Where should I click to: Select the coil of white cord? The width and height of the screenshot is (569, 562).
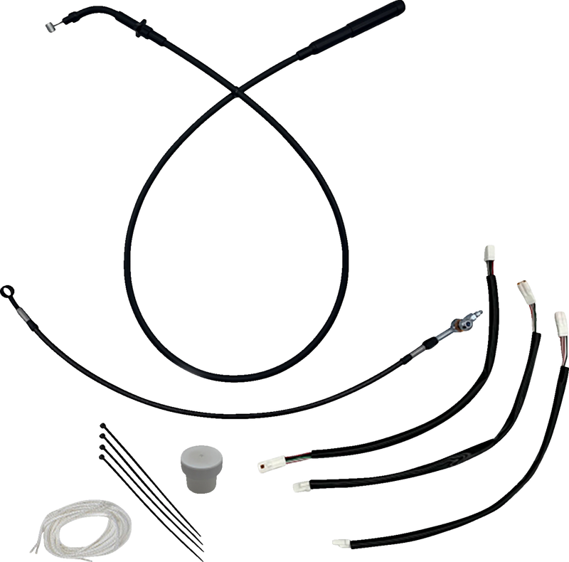68,519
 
